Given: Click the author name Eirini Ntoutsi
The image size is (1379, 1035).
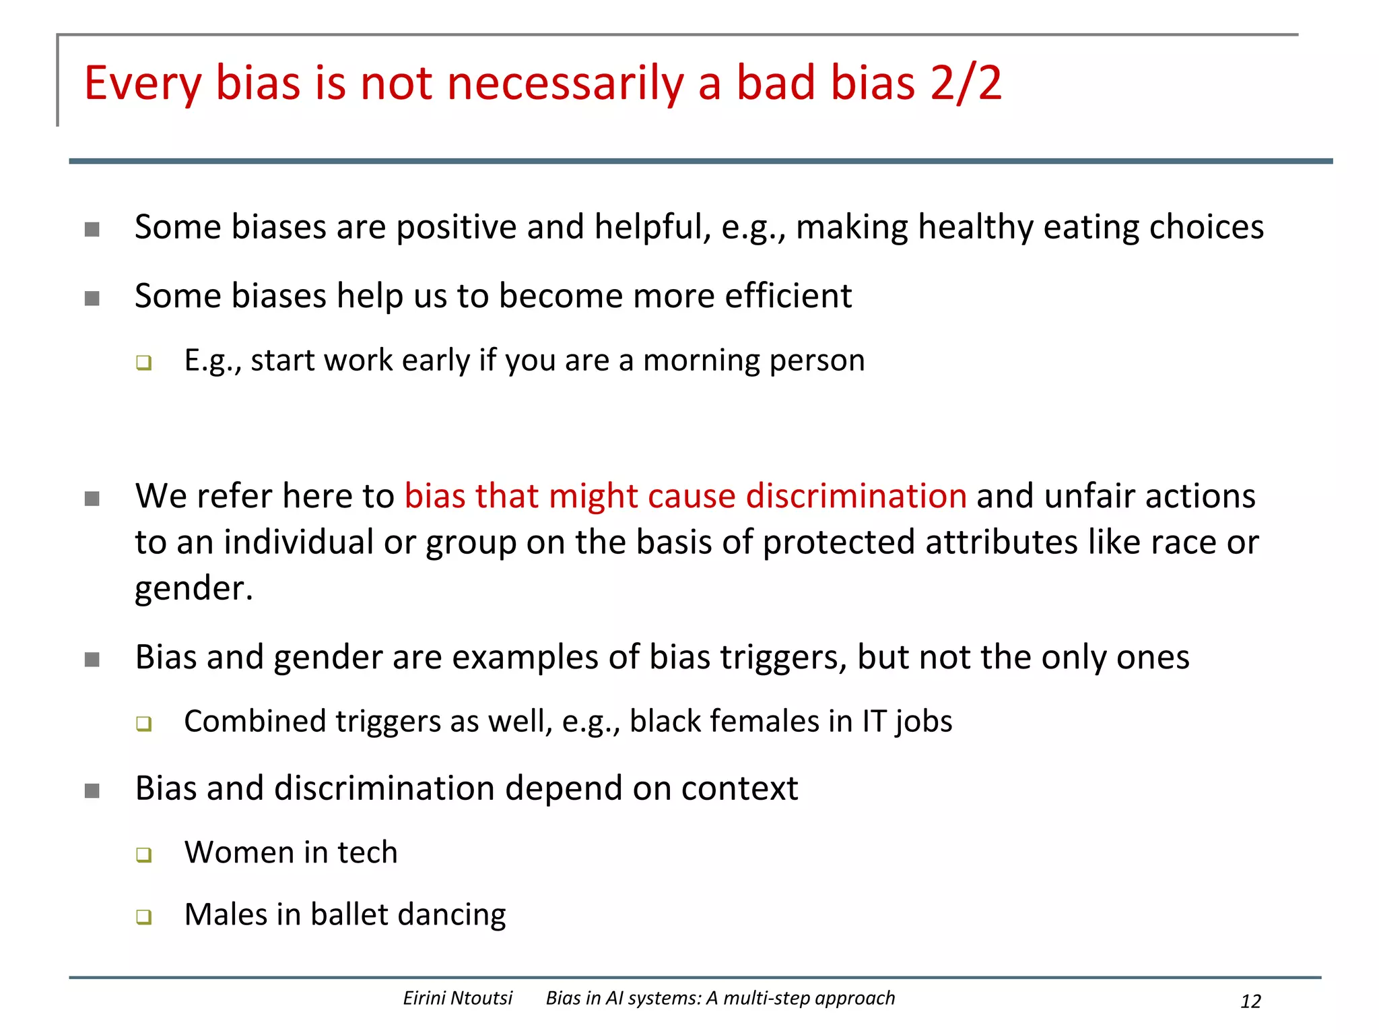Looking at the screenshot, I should [x=457, y=998].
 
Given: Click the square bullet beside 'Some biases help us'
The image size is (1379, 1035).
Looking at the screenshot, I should [x=92, y=298].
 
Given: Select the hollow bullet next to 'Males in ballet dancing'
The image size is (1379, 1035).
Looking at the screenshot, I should [x=143, y=916].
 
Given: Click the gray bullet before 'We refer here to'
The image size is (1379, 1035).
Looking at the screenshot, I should [x=92, y=499].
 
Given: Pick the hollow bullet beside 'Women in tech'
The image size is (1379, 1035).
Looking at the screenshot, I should [x=143, y=854].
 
